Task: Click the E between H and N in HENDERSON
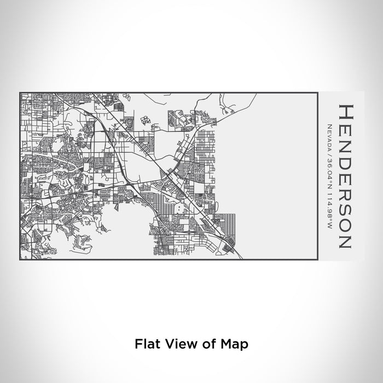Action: pyautogui.click(x=346, y=127)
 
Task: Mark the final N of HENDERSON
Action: pyautogui.click(x=346, y=240)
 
